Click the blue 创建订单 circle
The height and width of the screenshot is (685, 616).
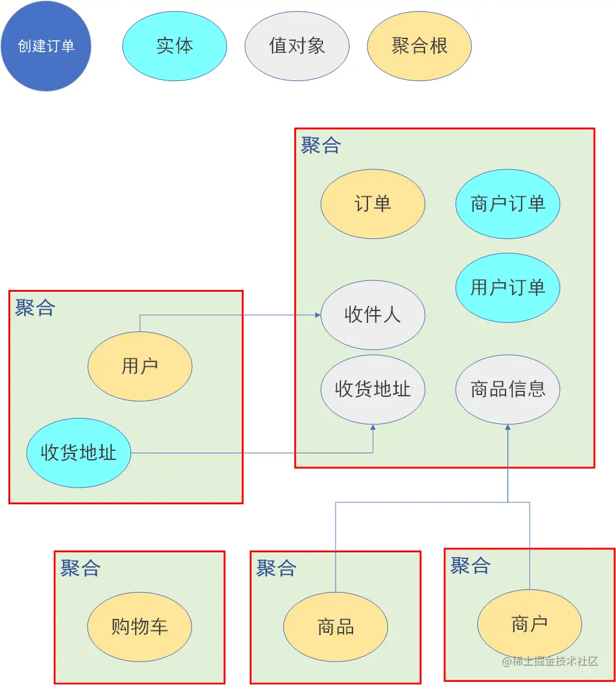click(46, 46)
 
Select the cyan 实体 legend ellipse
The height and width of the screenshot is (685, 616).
click(175, 46)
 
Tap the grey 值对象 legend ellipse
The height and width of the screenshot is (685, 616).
click(297, 46)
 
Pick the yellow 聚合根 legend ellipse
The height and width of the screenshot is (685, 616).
click(419, 46)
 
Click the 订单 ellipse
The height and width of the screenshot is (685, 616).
click(373, 204)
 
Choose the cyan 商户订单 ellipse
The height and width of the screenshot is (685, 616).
click(508, 204)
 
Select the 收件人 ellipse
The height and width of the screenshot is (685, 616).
click(373, 315)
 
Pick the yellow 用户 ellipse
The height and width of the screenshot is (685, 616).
click(140, 366)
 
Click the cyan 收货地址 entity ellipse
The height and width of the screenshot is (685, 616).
click(79, 453)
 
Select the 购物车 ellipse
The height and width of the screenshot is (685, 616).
click(140, 627)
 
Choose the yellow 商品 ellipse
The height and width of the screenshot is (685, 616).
click(336, 627)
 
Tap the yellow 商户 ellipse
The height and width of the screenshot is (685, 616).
click(530, 624)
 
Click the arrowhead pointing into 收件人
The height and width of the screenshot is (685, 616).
click(318, 315)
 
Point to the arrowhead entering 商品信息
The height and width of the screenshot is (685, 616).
click(508, 427)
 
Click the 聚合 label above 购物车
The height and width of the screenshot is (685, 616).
click(80, 567)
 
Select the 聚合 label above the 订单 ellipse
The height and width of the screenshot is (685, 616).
click(321, 145)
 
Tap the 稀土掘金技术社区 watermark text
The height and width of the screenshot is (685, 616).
click(551, 661)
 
